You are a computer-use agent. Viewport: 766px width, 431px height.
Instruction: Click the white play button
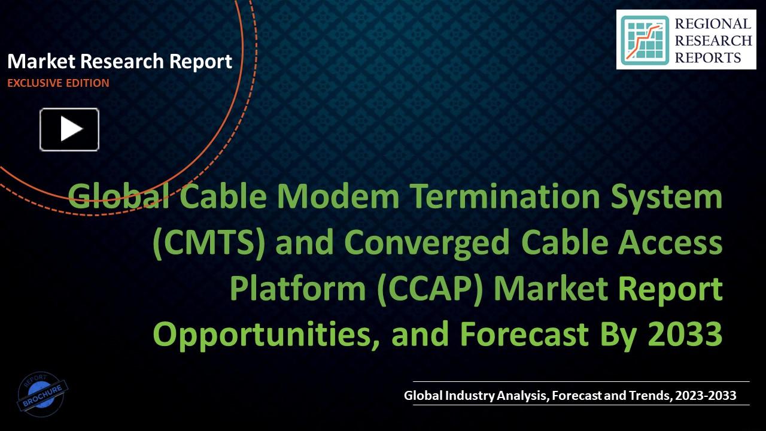pyautogui.click(x=69, y=129)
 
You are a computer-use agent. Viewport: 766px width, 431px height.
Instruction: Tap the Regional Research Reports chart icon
pyautogui.click(x=645, y=40)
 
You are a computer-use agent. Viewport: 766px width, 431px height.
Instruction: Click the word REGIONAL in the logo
pyautogui.click(x=712, y=24)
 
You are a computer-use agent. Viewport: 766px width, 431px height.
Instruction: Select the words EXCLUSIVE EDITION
pyautogui.click(x=58, y=83)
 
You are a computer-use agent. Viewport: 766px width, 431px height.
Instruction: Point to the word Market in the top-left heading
pyautogui.click(x=41, y=61)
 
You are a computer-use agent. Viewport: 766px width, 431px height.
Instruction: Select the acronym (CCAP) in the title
pyautogui.click(x=432, y=289)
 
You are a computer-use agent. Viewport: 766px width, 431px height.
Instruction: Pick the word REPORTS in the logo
pyautogui.click(x=708, y=57)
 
